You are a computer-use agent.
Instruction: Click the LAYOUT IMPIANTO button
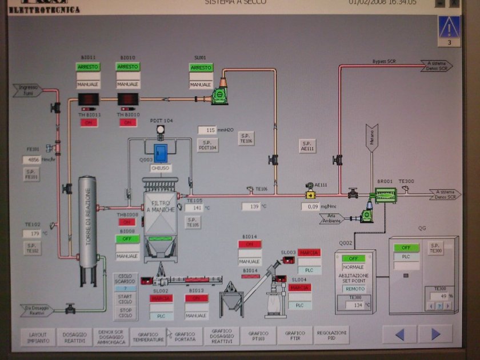(x=38, y=336)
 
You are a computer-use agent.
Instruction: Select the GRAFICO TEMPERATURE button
(x=147, y=336)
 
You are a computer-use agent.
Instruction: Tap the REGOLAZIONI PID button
(x=331, y=336)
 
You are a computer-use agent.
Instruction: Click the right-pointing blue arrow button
(x=435, y=334)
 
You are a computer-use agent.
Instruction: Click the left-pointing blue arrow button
(x=400, y=334)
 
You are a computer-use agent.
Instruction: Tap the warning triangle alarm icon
(x=449, y=27)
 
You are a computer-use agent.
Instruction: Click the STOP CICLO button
(x=125, y=313)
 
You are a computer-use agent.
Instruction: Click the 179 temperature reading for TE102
(x=34, y=233)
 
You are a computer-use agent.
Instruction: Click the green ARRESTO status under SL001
(x=201, y=67)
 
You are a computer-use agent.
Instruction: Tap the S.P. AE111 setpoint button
(x=307, y=146)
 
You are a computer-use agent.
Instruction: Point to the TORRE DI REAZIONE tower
(x=87, y=223)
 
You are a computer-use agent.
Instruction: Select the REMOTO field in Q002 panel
(x=355, y=289)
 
